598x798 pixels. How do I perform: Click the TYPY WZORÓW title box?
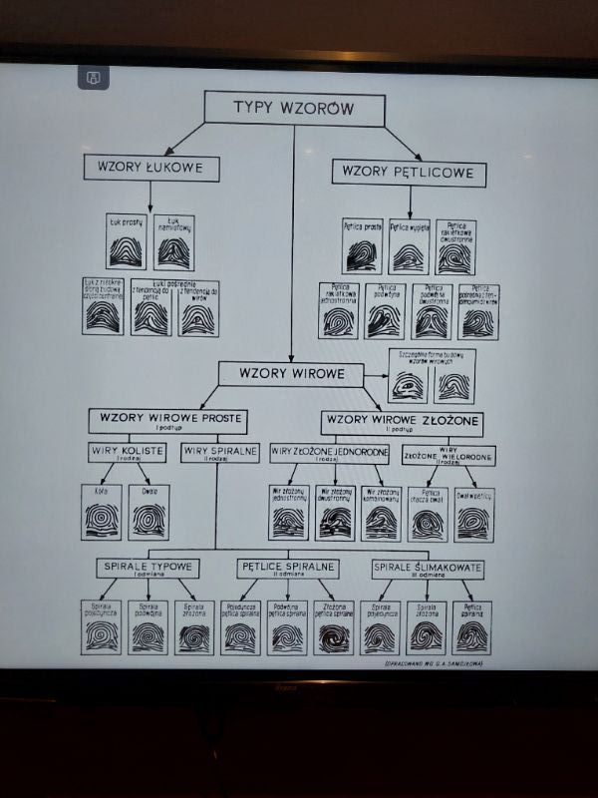[x=293, y=109]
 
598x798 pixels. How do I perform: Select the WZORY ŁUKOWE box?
[x=150, y=168]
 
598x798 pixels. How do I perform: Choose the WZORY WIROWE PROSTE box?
[x=167, y=420]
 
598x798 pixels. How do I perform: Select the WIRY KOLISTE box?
[x=127, y=453]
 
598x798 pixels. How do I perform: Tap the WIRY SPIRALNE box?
[x=220, y=453]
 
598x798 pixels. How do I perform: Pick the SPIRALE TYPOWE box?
[x=148, y=569]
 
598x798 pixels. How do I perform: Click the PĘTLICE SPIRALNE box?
[x=289, y=569]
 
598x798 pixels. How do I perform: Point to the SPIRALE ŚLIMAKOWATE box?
[x=428, y=570]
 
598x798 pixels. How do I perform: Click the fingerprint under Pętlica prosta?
[x=361, y=254]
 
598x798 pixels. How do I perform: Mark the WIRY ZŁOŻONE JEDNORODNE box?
[x=329, y=454]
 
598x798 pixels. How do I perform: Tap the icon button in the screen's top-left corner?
[x=92, y=77]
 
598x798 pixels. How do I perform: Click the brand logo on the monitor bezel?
[x=290, y=688]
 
